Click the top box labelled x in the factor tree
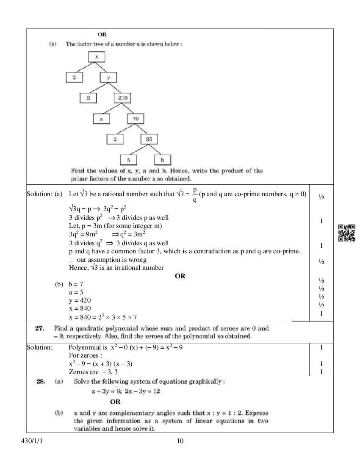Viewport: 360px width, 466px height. [97, 57]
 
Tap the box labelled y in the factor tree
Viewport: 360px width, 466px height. [108, 78]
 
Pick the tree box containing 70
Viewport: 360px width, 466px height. [136, 119]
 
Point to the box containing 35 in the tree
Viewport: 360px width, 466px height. [149, 139]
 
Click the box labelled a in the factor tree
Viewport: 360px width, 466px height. [101, 119]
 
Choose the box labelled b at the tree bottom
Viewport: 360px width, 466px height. [163, 160]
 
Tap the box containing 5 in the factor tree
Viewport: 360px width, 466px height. [128, 160]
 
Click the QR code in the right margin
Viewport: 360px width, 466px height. [346, 233]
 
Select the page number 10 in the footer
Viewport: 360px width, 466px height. [180, 441]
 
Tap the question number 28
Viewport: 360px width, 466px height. [41, 381]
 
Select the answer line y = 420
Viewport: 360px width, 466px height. [80, 300]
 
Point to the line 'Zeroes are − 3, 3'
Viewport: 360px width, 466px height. [93, 372]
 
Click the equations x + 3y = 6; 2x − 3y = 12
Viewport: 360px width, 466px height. [125, 391]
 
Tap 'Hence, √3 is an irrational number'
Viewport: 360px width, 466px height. [116, 268]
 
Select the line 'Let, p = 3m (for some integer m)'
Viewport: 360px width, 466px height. [115, 226]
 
